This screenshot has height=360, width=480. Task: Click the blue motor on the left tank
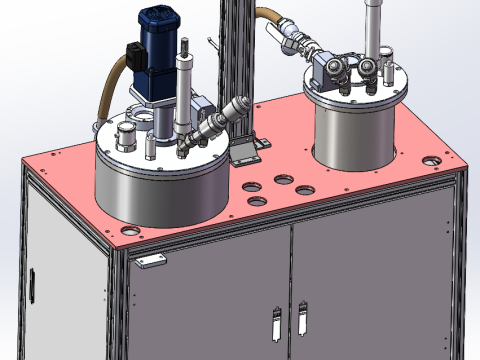pyautogui.click(x=160, y=25)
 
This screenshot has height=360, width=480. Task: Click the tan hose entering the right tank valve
pyautogui.click(x=270, y=20)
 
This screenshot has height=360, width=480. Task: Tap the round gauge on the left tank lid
pyautogui.click(x=125, y=134)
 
